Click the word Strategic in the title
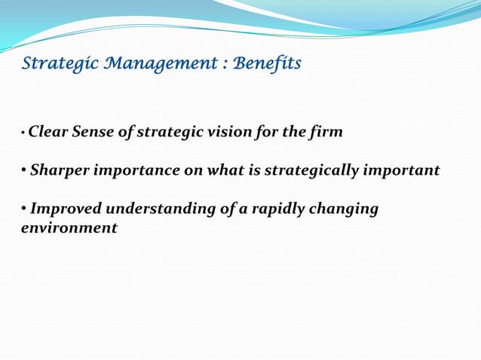click(x=51, y=64)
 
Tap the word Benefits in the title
click(x=267, y=64)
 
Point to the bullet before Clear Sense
click(x=23, y=134)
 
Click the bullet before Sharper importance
click(x=24, y=171)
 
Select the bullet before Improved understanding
click(x=24, y=209)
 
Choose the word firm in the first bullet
click(x=325, y=133)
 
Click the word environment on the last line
click(x=69, y=227)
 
